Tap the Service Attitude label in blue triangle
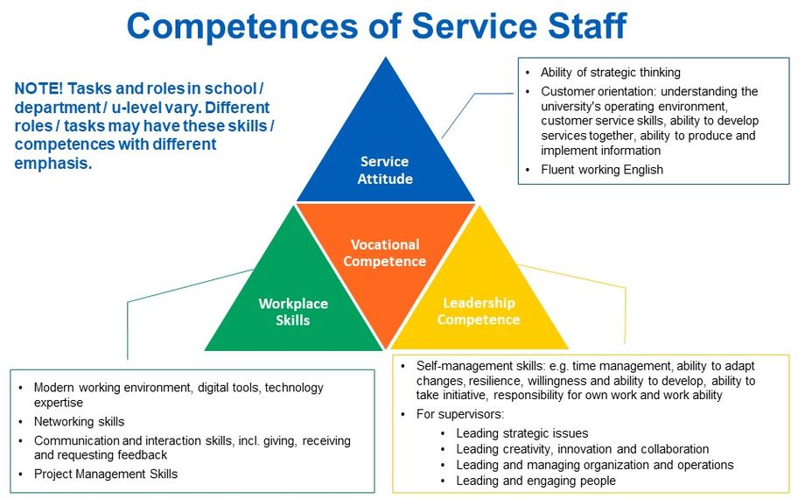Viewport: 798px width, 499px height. [x=384, y=170]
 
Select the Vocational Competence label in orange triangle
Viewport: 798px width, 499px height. [x=385, y=253]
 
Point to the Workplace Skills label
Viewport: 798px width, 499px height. [x=293, y=312]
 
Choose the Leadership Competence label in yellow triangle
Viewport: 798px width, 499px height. [x=479, y=311]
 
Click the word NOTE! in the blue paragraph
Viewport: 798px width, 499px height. [x=38, y=88]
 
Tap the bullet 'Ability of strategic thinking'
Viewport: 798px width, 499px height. [x=610, y=73]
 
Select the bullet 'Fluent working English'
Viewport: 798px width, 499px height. [x=601, y=170]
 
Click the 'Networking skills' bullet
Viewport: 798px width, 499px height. [x=79, y=421]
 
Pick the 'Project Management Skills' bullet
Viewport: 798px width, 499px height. [x=105, y=474]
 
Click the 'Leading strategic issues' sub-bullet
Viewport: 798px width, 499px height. [x=521, y=433]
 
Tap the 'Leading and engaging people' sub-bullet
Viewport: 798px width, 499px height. [x=535, y=481]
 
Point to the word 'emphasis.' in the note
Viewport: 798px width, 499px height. [x=52, y=163]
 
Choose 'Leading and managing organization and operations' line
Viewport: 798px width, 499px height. [x=594, y=465]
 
